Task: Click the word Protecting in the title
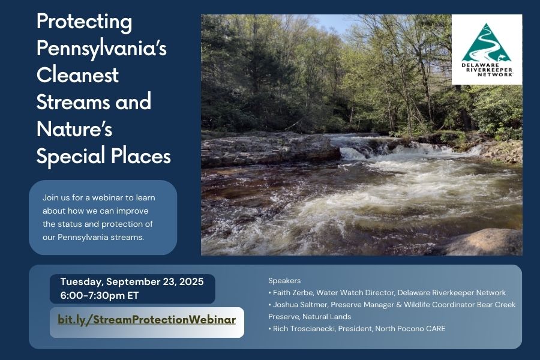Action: point(85,22)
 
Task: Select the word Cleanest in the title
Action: point(77,75)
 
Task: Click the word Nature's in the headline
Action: point(74,129)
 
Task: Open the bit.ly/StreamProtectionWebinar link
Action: point(147,320)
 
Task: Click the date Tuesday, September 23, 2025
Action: point(132,282)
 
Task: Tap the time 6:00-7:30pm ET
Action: point(99,296)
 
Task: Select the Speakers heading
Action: point(284,281)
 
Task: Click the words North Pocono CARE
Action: point(410,329)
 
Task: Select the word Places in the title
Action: point(141,156)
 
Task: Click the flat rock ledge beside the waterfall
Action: point(269,150)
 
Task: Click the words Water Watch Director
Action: point(355,293)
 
